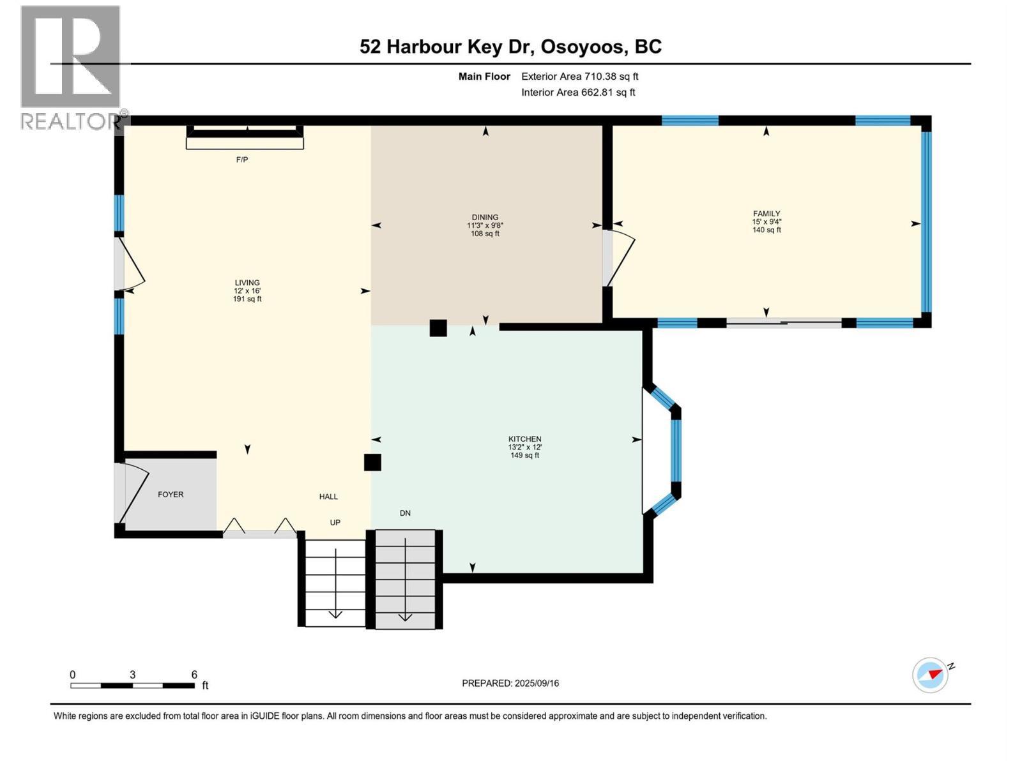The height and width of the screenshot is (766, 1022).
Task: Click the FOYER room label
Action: point(171,495)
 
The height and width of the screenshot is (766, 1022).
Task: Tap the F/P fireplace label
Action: point(242,160)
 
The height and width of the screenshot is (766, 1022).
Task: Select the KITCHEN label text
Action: point(524,439)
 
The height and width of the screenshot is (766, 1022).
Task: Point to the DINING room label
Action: point(485,218)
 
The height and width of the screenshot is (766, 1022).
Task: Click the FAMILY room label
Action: point(766,214)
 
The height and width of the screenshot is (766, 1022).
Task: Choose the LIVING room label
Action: point(247,283)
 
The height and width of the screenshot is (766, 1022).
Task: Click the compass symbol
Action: point(930,675)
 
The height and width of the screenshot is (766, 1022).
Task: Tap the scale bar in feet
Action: point(132,685)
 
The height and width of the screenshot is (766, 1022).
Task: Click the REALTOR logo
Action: point(70,67)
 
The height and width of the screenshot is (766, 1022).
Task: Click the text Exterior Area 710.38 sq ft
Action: point(579,77)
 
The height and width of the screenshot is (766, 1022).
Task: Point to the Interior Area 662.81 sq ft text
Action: point(578,93)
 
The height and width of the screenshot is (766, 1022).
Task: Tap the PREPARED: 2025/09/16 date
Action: point(510,683)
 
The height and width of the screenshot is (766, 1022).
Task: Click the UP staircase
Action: point(335,581)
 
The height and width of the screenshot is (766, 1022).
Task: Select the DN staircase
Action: point(405,578)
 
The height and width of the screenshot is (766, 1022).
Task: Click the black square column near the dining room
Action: point(438,327)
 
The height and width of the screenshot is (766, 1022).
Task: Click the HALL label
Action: point(328,497)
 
